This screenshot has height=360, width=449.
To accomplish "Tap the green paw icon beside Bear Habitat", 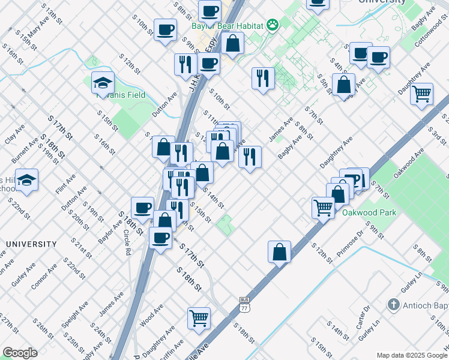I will [x=273, y=25].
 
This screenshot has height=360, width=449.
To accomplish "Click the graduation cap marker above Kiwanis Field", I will [x=103, y=82].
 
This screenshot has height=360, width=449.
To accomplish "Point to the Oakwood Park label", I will [x=369, y=212].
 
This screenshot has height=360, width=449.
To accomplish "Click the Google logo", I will [x=20, y=353].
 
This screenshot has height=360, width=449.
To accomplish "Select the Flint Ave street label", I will [x=67, y=179].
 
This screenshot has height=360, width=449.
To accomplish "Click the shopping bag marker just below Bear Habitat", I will [x=232, y=43].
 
